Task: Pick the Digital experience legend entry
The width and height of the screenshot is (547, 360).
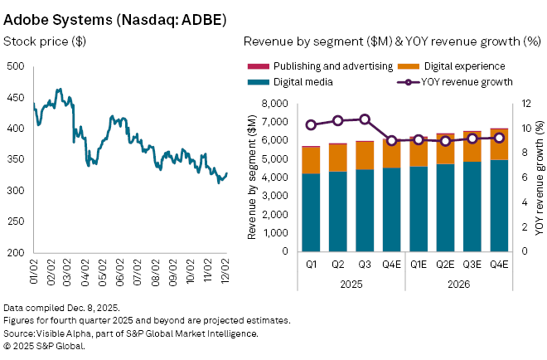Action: (x=460, y=66)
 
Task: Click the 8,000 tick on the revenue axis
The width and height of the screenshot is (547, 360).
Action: (x=277, y=104)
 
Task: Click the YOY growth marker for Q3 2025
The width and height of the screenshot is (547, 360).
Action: (x=365, y=119)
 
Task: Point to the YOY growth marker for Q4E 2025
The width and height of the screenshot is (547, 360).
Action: (x=391, y=141)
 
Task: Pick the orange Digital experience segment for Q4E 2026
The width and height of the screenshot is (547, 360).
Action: (x=499, y=144)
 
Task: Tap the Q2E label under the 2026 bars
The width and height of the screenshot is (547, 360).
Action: (x=445, y=265)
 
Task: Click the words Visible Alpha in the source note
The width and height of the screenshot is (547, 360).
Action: (x=67, y=333)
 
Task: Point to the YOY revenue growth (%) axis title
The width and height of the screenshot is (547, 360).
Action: (x=539, y=178)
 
